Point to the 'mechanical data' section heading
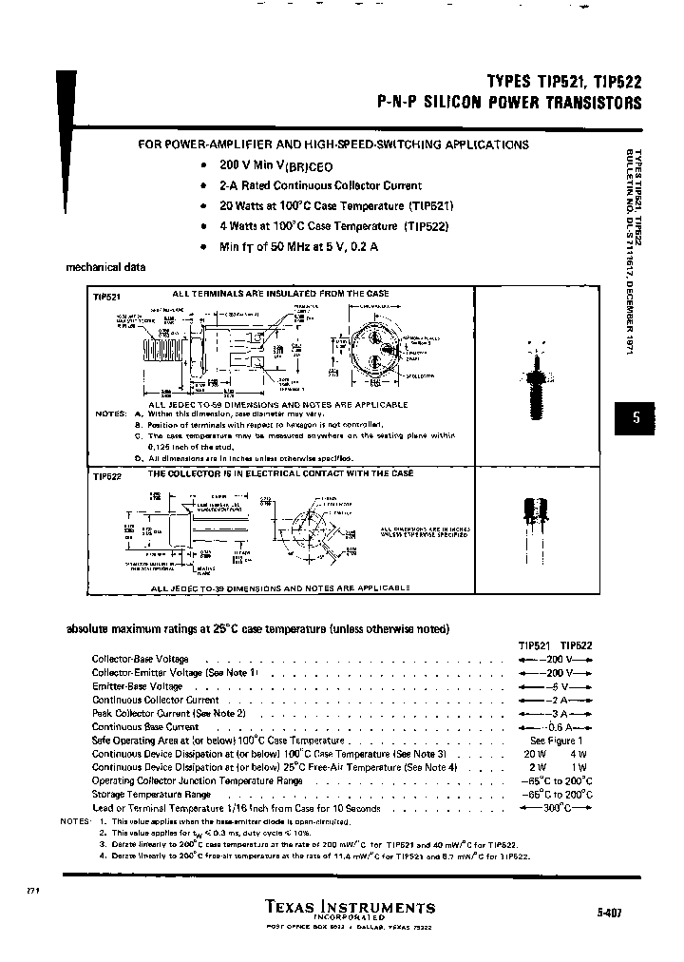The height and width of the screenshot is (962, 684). [105, 268]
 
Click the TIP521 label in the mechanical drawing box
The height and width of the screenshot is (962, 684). [106, 296]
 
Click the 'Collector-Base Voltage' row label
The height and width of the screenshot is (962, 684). [140, 659]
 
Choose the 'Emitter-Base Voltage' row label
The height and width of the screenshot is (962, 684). [137, 686]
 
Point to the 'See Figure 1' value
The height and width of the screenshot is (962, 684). [556, 741]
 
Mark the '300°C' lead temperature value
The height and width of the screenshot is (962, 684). [556, 808]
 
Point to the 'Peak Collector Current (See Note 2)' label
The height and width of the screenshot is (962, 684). [168, 713]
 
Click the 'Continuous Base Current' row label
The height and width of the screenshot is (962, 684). [145, 726]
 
